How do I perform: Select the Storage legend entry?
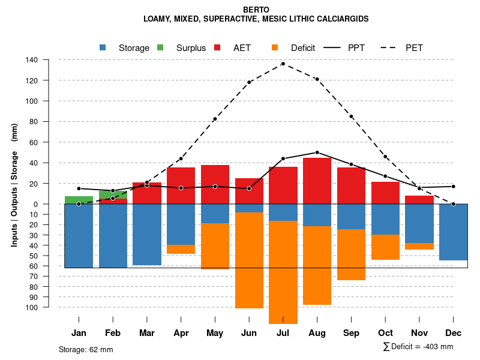tap(126, 48)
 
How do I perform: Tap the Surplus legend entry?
tap(183, 48)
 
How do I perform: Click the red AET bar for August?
tap(317, 181)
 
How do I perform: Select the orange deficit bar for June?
tap(249, 260)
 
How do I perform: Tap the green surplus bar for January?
tap(79, 200)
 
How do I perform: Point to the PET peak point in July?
tap(283, 64)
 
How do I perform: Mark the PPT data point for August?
tap(317, 152)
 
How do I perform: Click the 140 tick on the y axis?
tap(32, 60)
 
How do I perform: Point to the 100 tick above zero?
tap(32, 101)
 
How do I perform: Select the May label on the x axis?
tap(215, 333)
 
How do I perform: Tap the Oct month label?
tap(385, 333)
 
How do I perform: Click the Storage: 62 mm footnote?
tap(86, 349)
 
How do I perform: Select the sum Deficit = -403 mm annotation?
tap(418, 347)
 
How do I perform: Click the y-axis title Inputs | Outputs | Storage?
tap(14, 185)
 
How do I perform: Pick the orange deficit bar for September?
tap(351, 254)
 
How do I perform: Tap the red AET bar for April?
tap(181, 185)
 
